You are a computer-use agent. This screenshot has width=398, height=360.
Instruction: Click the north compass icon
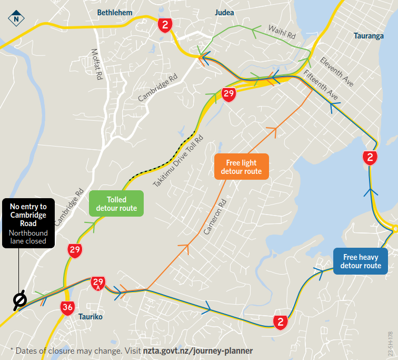pyautogui.click(x=16, y=19)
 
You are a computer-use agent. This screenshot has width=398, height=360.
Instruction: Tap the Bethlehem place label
pyautogui.click(x=115, y=12)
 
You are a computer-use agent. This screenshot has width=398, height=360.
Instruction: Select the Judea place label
pyautogui.click(x=224, y=12)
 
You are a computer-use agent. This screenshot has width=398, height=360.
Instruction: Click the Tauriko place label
pyautogui.click(x=90, y=317)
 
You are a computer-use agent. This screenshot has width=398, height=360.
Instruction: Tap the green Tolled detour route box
pyautogui.click(x=116, y=204)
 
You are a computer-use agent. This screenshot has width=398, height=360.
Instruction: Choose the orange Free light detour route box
pyautogui.click(x=242, y=167)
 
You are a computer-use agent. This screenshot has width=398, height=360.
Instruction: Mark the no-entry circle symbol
pyautogui.click(x=20, y=300)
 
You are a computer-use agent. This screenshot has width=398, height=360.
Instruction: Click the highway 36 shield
pyautogui.click(x=67, y=308)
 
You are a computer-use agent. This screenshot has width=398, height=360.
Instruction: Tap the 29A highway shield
pyautogui.click(x=98, y=283)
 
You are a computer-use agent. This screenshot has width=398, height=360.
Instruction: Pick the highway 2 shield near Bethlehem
pyautogui.click(x=166, y=25)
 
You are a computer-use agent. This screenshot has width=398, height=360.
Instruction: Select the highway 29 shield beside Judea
pyautogui.click(x=228, y=95)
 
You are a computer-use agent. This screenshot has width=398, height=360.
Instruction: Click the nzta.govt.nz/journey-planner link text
pyautogui.click(x=197, y=351)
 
